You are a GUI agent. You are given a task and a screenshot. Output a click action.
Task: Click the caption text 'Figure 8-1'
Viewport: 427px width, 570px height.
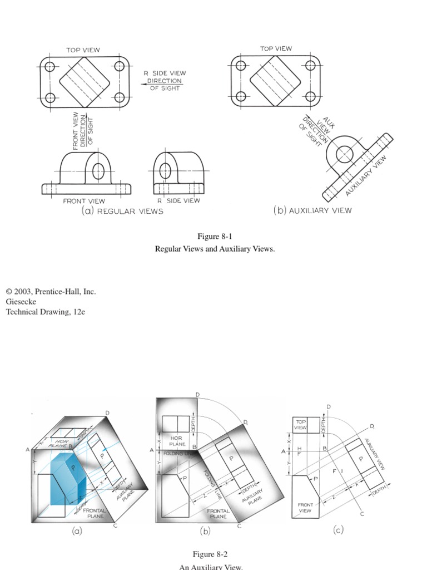[215, 237]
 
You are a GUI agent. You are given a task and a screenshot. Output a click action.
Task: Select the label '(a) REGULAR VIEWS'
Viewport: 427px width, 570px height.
[122, 211]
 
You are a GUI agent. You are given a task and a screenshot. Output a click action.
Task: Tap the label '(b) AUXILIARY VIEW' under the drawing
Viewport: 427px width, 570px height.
[312, 210]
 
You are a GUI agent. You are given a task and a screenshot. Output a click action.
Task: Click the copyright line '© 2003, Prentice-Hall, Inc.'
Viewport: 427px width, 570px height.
[51, 291]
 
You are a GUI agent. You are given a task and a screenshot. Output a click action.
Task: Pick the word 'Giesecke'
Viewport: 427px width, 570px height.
[21, 302]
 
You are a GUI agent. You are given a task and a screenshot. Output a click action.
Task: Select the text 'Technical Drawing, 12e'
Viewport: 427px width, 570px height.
[46, 312]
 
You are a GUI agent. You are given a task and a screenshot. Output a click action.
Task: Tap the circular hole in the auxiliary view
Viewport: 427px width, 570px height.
[345, 154]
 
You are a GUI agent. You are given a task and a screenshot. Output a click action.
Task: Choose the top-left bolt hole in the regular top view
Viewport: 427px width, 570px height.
[50, 67]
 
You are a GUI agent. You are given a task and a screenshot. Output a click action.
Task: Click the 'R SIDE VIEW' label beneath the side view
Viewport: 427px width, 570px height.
[178, 200]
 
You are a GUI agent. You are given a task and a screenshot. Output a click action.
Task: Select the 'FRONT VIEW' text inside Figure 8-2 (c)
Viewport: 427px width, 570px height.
[305, 508]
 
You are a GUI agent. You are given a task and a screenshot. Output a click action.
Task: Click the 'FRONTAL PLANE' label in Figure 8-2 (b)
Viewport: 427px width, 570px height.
[218, 513]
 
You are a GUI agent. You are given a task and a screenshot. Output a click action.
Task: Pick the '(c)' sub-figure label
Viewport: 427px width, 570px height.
[338, 530]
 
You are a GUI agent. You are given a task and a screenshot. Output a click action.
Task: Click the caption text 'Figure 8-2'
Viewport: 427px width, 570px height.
[210, 554]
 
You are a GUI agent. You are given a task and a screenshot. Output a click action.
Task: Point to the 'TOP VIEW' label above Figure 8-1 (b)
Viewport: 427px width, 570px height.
[276, 49]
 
